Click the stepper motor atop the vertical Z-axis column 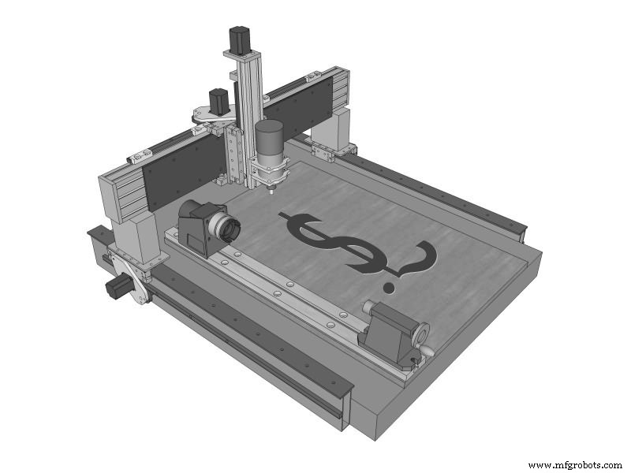point(240,39)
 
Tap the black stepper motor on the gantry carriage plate point(218,102)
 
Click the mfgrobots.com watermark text point(574,465)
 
